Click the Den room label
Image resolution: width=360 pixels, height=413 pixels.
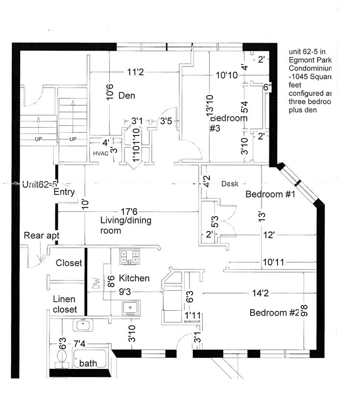click(126, 96)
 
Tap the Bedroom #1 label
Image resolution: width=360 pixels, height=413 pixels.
click(270, 194)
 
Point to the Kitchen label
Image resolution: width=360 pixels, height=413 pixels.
click(134, 278)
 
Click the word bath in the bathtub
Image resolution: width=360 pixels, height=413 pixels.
click(89, 363)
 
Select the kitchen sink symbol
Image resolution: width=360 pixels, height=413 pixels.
click(131, 307)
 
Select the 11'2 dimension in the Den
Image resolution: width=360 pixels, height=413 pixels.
click(135, 72)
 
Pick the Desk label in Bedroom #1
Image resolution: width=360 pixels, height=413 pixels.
click(230, 184)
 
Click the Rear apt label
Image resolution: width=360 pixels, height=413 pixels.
click(42, 236)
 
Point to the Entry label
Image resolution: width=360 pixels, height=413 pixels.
click(64, 192)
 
